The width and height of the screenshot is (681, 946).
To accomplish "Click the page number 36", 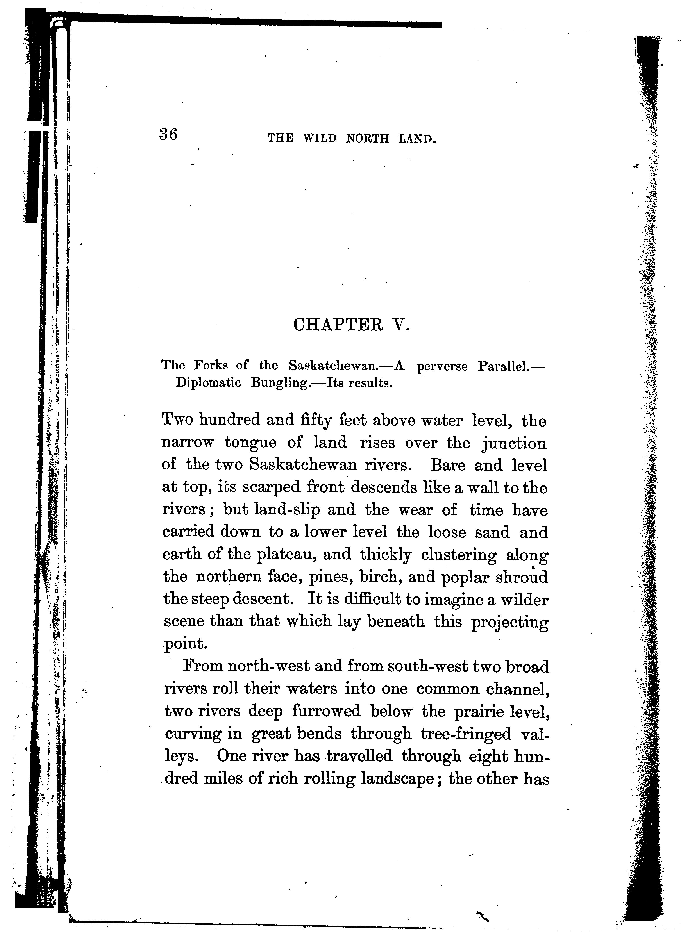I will click(x=168, y=135).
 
